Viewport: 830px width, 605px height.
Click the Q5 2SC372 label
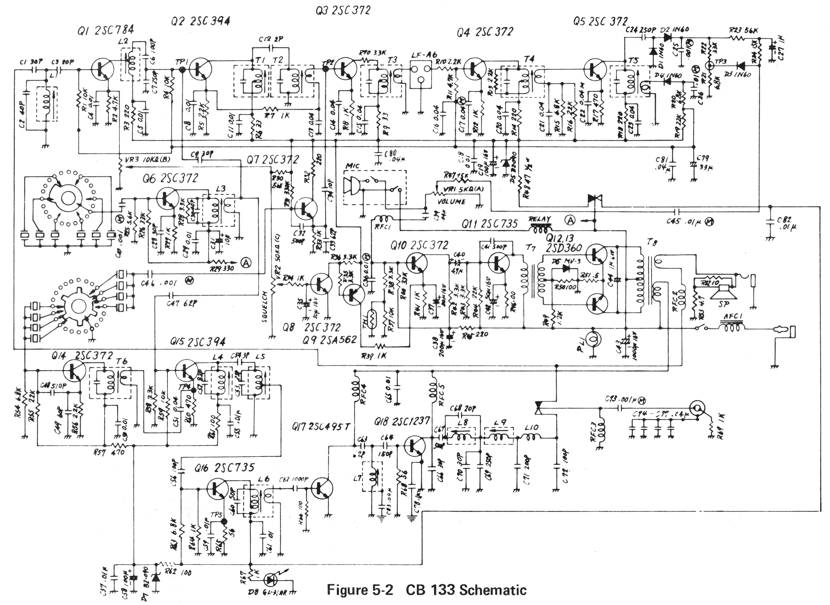point(600,22)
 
